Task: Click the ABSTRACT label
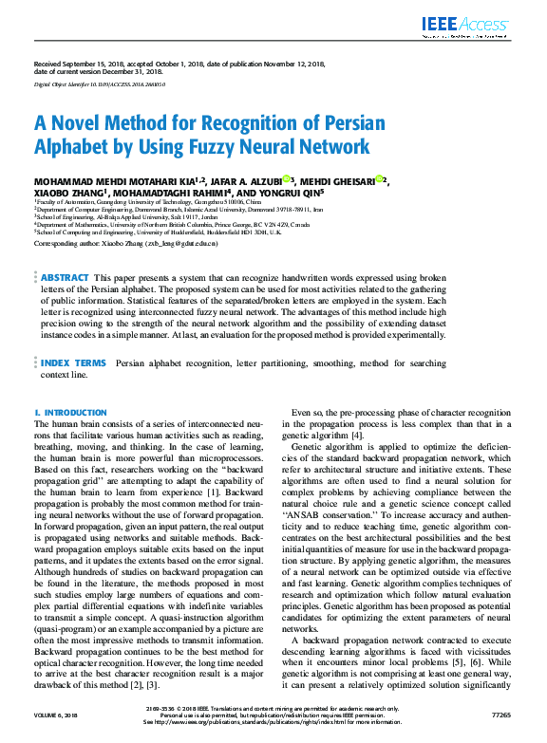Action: pyautogui.click(x=65, y=277)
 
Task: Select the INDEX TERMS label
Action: pyautogui.click(x=73, y=362)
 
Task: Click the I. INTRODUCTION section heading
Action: pyautogui.click(x=70, y=413)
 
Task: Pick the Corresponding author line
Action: pyautogui.click(x=125, y=244)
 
